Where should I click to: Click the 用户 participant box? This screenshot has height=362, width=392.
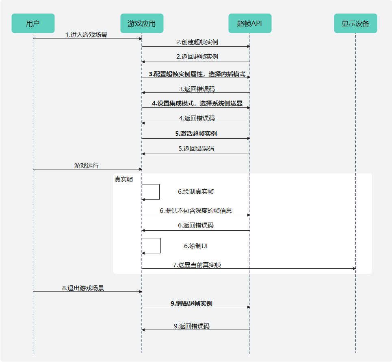pos(33,24)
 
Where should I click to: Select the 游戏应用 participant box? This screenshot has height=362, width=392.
pos(142,24)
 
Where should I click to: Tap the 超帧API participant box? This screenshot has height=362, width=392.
pos(250,24)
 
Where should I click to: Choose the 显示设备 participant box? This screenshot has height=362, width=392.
pos(355,24)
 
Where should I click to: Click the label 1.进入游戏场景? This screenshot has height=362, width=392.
pos(87,35)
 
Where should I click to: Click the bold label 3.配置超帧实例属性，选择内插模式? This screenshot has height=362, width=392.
pos(197,74)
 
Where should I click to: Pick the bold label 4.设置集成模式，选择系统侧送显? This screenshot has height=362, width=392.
pos(197,103)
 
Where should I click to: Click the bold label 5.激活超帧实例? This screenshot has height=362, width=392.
pos(196,134)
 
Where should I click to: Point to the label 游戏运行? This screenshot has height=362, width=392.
pos(87,165)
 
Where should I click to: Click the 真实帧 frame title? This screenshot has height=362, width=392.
pos(123,179)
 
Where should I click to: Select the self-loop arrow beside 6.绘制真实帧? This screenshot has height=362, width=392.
pos(159,192)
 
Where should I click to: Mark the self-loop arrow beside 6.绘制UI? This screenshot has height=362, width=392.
pos(160,246)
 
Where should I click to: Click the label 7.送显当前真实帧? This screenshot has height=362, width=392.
pos(197,265)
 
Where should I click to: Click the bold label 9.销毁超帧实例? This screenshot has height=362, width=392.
pos(191,303)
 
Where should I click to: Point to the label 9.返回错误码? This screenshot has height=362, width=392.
pos(192,326)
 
